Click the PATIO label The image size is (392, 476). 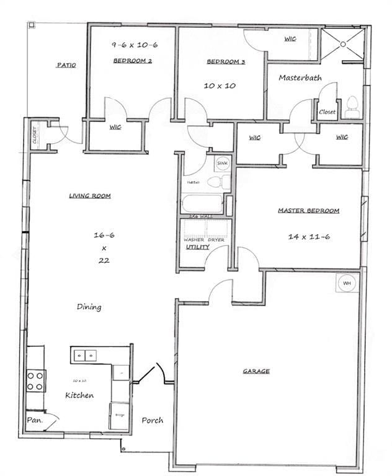point(66,64)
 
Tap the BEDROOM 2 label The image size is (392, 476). point(133,61)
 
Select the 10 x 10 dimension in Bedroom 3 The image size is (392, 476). point(220,86)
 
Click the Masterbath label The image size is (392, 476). point(300,77)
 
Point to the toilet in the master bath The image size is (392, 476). point(352,107)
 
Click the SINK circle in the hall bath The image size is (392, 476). point(221,164)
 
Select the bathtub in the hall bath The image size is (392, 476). point(202,205)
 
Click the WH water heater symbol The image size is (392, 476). point(346,284)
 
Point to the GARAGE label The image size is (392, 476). point(256,371)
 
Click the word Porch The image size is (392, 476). point(152,420)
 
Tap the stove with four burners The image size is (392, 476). point(35,380)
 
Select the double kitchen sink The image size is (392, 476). point(85,355)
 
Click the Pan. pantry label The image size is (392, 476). point(33,420)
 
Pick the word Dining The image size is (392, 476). point(89,307)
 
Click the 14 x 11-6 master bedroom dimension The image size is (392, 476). point(309,236)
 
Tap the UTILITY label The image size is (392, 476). point(198,247)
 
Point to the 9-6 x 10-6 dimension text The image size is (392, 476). point(133,45)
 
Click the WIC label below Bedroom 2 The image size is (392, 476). point(115,127)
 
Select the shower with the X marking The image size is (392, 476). point(342,43)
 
